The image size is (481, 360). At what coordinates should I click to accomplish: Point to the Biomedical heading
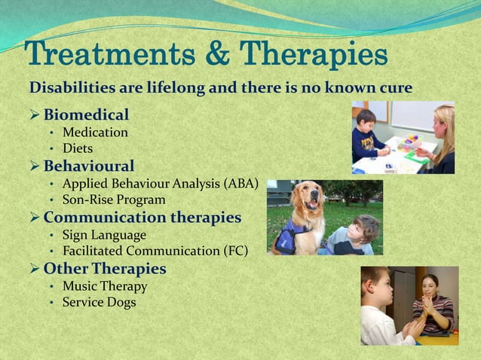[x=86, y=114]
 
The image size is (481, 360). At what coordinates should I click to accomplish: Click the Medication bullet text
[x=95, y=133]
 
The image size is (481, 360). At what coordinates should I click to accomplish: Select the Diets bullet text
[x=78, y=148]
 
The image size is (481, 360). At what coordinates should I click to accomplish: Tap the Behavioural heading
[x=89, y=166]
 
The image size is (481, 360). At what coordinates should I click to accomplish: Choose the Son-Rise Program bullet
[x=114, y=200]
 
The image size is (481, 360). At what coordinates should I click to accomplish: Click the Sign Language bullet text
[x=104, y=235]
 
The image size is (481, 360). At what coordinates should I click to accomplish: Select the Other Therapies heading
[x=105, y=269]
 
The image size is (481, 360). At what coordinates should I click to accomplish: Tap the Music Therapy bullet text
[x=105, y=286]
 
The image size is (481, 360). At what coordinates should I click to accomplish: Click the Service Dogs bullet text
[x=100, y=302]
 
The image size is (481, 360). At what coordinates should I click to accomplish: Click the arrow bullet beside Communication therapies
[x=34, y=218]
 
